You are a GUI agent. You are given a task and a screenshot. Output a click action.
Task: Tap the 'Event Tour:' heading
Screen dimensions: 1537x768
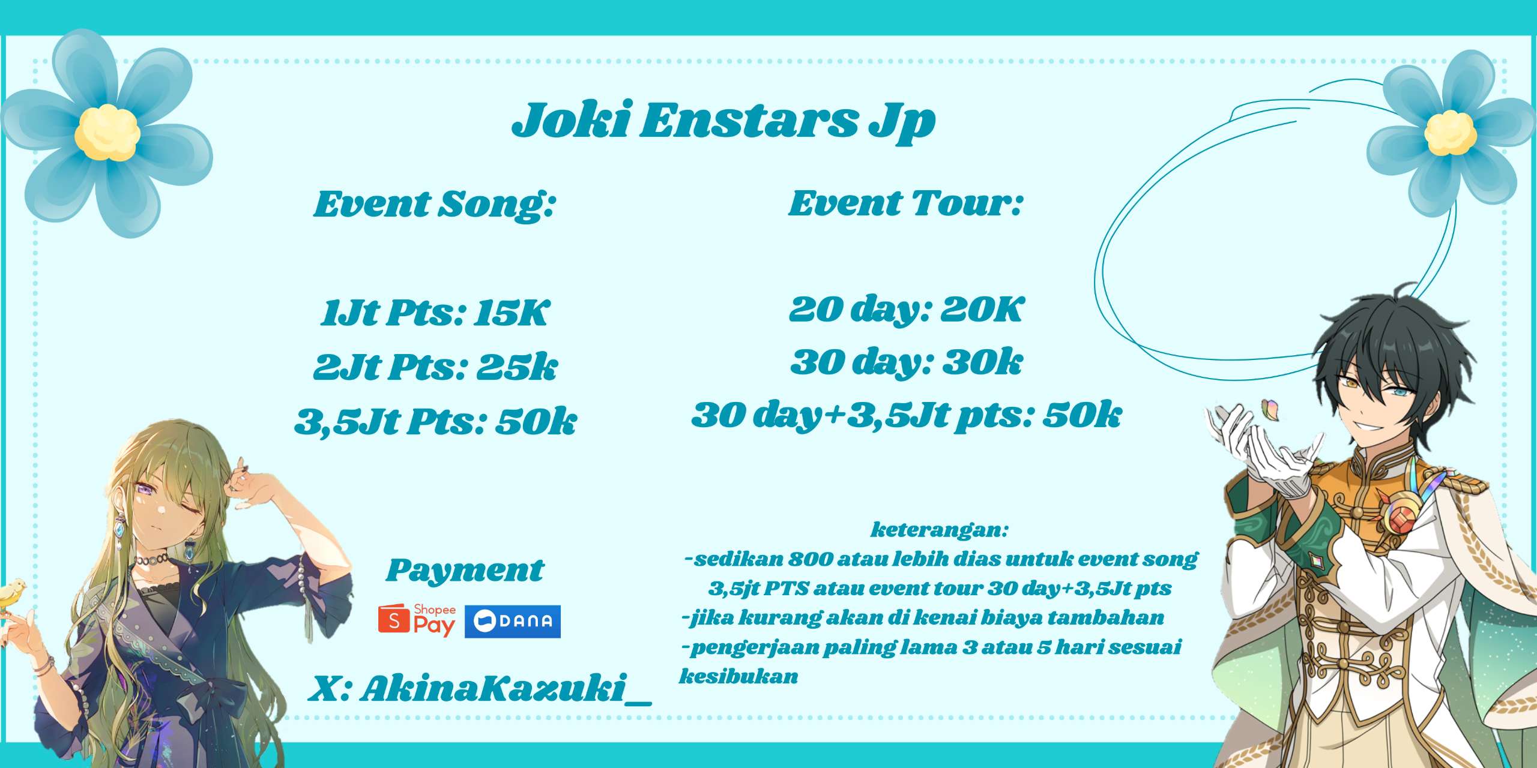905,203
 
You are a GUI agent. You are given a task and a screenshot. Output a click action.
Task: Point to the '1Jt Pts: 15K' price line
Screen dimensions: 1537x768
435,313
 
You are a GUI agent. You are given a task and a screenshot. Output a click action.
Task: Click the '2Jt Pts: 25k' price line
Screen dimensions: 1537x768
435,367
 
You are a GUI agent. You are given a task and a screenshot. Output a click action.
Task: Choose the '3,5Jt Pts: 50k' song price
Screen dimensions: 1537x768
435,421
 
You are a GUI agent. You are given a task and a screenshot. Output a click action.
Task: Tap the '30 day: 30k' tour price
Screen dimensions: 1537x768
906,362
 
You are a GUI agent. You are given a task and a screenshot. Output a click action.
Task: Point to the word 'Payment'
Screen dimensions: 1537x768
465,571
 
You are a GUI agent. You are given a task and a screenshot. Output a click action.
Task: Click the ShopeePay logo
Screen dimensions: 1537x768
417,620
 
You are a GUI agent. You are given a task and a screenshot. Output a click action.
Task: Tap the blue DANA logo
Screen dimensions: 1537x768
513,622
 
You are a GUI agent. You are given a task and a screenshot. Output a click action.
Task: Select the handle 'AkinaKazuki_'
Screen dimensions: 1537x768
506,688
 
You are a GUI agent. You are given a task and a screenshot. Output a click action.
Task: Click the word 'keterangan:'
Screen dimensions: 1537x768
939,530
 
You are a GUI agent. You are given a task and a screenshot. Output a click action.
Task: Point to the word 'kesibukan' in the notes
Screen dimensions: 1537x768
738,677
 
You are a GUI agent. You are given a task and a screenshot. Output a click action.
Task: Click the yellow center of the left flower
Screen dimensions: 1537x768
107,132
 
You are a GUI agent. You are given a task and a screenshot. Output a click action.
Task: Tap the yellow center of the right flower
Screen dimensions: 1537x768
1451,133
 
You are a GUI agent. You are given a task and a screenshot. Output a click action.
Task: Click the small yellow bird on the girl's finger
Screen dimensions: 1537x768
12,594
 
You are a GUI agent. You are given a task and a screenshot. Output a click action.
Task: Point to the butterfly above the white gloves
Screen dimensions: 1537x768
1270,410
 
